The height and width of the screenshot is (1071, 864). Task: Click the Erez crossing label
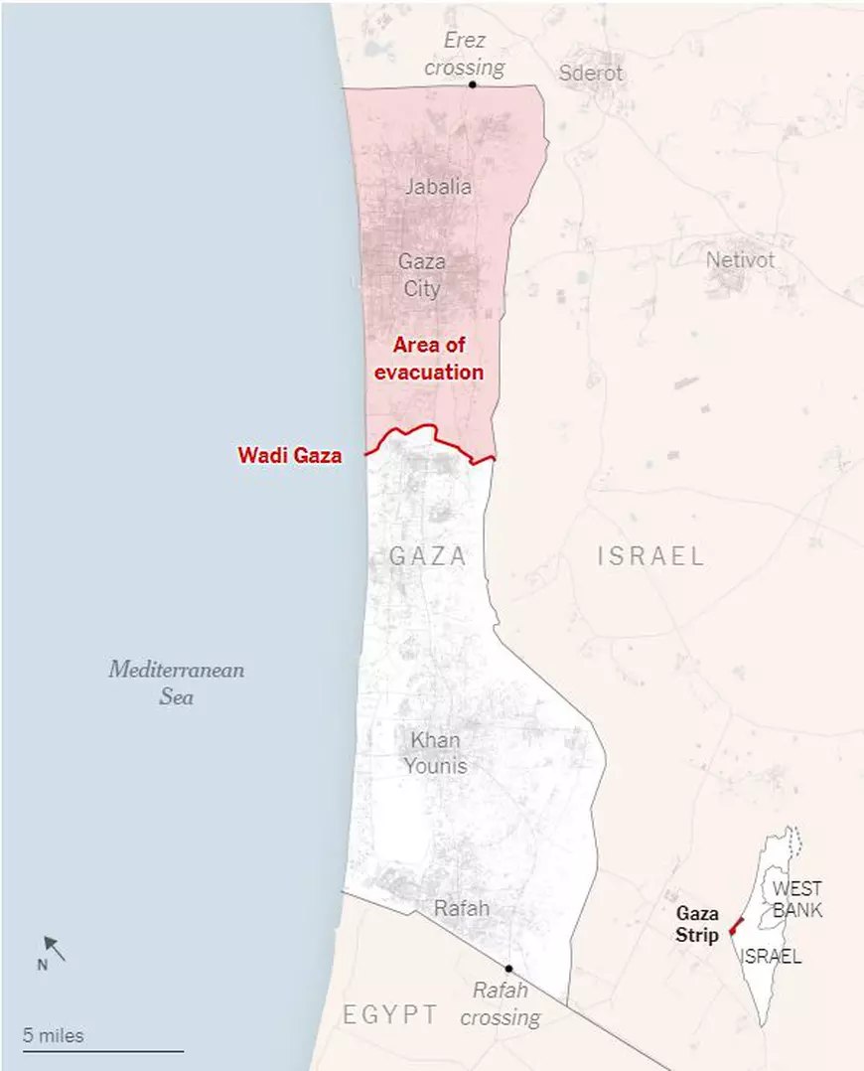tap(465, 55)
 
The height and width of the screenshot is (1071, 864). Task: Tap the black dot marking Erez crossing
tap(473, 85)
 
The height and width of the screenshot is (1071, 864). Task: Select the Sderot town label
tap(591, 73)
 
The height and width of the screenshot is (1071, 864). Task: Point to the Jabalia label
tap(438, 186)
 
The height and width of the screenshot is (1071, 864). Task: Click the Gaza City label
tap(421, 275)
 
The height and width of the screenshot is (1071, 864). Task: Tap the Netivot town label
tap(740, 260)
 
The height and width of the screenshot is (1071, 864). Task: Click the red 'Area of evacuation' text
tap(438, 359)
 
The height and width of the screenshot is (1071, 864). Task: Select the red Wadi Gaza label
tap(290, 456)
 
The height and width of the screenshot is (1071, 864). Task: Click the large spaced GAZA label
tap(428, 556)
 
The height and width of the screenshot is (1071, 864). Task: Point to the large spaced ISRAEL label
tap(650, 556)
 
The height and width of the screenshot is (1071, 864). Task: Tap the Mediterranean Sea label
tap(177, 683)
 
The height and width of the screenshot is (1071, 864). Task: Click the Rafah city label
tap(462, 908)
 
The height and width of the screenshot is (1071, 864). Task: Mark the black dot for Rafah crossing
tap(508, 968)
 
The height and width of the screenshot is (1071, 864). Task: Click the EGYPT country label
tap(390, 1014)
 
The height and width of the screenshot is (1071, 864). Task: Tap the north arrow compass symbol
tap(54, 950)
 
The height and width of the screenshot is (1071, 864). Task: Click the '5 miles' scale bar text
tap(54, 1035)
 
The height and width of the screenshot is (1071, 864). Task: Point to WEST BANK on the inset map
tap(797, 898)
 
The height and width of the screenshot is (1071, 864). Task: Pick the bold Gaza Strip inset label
tap(697, 924)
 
